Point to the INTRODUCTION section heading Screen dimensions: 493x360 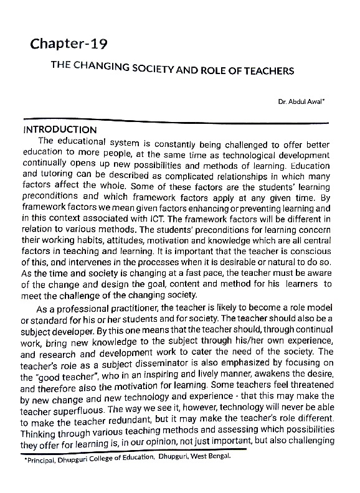[60, 130]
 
